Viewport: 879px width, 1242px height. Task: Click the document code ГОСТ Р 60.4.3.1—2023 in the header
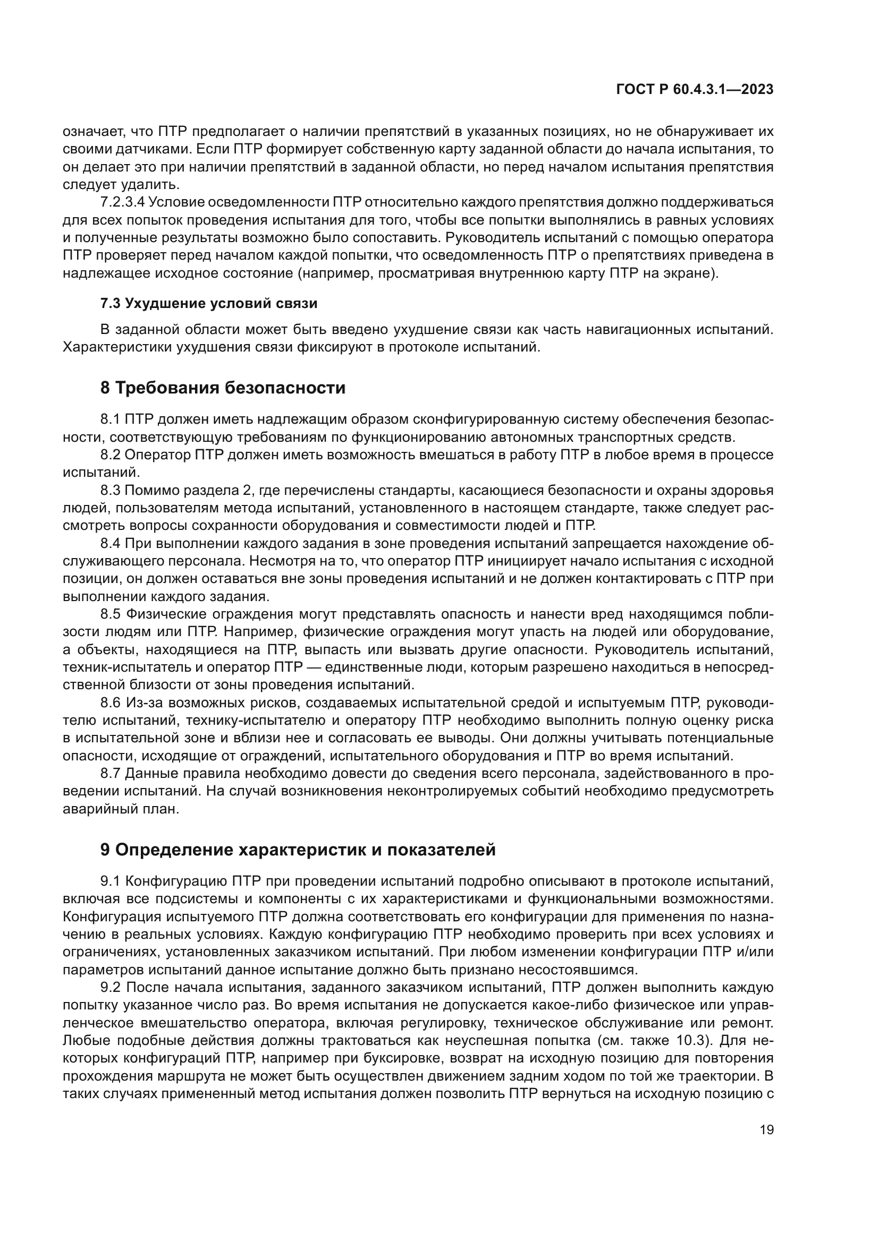695,90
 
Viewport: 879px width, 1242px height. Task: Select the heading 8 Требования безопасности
223,388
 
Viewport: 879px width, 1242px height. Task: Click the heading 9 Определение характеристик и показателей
298,850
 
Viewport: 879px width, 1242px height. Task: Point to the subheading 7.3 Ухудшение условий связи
209,304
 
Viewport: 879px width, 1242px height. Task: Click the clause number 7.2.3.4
123,202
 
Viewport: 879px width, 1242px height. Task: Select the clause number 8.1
111,419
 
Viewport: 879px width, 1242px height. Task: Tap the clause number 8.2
111,455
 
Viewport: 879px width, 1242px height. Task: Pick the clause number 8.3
111,490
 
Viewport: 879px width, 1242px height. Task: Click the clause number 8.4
111,543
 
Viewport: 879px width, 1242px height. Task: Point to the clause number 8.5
111,614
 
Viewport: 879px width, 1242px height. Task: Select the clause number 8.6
111,703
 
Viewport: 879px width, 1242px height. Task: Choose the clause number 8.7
111,774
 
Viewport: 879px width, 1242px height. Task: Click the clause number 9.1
111,881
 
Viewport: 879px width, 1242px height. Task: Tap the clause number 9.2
111,987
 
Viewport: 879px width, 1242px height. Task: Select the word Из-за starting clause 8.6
142,703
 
